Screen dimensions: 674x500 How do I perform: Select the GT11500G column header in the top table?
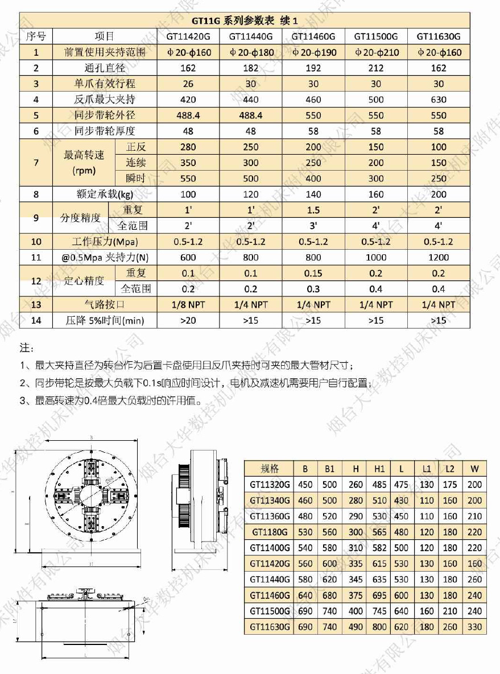(x=375, y=36)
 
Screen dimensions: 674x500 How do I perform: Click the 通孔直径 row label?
(x=105, y=68)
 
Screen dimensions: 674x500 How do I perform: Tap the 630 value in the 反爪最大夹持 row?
(x=439, y=100)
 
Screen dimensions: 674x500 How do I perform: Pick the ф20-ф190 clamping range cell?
(x=313, y=52)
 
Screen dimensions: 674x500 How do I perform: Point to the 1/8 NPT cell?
(x=188, y=304)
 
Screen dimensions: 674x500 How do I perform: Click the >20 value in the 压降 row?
(x=188, y=320)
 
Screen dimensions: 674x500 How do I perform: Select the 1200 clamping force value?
(x=439, y=257)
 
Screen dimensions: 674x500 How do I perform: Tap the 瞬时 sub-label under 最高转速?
(x=136, y=178)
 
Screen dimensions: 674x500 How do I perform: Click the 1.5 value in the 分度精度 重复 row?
(x=313, y=210)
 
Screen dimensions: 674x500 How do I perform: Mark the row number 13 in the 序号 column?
(x=36, y=304)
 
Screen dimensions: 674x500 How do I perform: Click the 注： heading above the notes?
(x=27, y=346)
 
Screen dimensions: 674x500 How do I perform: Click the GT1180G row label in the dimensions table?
(x=270, y=532)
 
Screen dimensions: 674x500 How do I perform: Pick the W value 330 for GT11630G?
(x=474, y=627)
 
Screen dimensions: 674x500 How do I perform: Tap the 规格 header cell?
(x=270, y=469)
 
